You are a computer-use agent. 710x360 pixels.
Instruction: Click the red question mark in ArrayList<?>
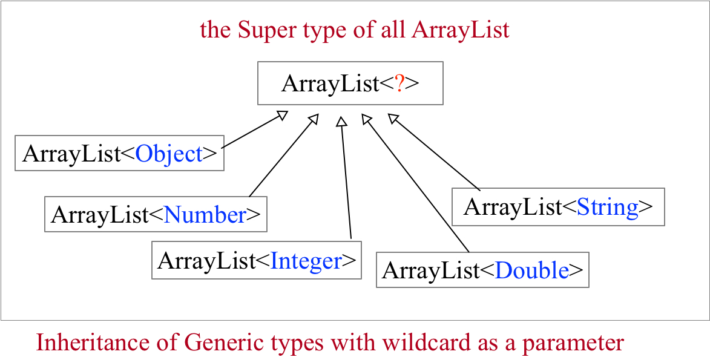[399, 83]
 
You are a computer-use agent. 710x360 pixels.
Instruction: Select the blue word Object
[169, 154]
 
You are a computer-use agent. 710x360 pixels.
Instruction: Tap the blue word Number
[205, 215]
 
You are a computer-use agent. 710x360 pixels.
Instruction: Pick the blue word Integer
[306, 261]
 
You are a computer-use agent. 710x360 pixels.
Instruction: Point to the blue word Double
[532, 270]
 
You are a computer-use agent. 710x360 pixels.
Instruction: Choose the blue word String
[608, 208]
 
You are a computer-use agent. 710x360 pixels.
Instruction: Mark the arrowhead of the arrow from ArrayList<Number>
[313, 119]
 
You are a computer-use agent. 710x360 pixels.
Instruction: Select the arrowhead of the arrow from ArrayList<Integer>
[341, 121]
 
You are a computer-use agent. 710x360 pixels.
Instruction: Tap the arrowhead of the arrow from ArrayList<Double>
[366, 119]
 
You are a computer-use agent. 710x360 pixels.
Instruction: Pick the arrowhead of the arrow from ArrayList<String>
[393, 117]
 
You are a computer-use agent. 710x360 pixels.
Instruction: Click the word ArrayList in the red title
[460, 30]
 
